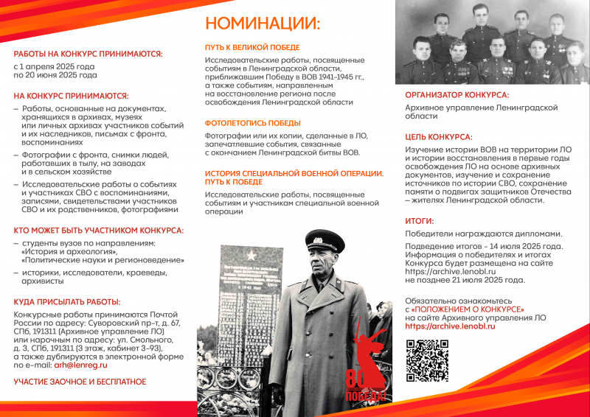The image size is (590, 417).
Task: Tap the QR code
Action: pyautogui.click(x=427, y=360)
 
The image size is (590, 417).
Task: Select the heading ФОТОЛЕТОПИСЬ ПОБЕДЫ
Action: pyautogui.click(x=253, y=123)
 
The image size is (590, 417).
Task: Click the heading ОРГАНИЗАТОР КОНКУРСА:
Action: pyautogui.click(x=457, y=94)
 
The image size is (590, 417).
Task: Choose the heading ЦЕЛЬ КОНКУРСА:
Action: pyautogui.click(x=439, y=137)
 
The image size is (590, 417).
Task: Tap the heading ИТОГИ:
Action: pyautogui.click(x=420, y=220)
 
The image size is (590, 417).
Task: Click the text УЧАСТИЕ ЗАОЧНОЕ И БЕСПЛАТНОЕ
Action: pyautogui.click(x=80, y=382)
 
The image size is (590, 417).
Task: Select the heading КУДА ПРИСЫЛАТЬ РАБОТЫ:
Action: pyautogui.click(x=67, y=302)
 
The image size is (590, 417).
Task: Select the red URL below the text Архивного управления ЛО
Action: pyautogui.click(x=450, y=326)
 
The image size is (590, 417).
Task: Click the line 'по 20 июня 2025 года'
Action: pyautogui.click(x=55, y=74)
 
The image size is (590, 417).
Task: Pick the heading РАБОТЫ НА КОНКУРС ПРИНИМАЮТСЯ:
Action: pyautogui.click(x=88, y=54)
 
